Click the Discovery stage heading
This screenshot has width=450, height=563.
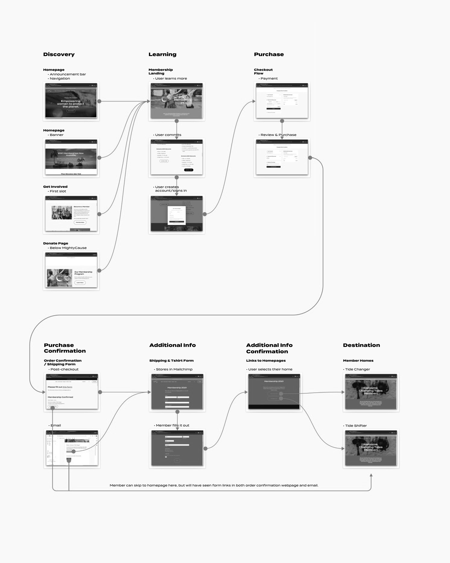59,55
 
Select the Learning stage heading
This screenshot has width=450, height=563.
162,55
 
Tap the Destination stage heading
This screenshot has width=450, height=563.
361,345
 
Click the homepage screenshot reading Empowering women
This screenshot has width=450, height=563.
71,101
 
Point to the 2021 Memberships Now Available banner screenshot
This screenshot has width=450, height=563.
71,157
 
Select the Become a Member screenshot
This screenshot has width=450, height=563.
71,214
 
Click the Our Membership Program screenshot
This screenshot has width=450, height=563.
71,270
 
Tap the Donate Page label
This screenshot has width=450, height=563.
55,243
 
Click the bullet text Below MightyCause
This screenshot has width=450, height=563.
68,248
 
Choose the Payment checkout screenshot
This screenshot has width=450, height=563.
282,101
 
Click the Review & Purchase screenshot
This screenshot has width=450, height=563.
282,157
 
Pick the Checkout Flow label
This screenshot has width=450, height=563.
263,71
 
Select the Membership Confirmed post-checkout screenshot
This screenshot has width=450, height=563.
72,392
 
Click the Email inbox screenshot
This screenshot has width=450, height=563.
72,448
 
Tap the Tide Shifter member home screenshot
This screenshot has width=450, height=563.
371,448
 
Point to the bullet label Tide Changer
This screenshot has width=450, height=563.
357,369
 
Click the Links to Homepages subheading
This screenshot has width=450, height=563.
266,360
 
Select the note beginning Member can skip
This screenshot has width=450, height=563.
214,485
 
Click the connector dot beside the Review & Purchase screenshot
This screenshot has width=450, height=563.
310,158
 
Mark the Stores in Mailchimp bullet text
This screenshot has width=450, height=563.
174,369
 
